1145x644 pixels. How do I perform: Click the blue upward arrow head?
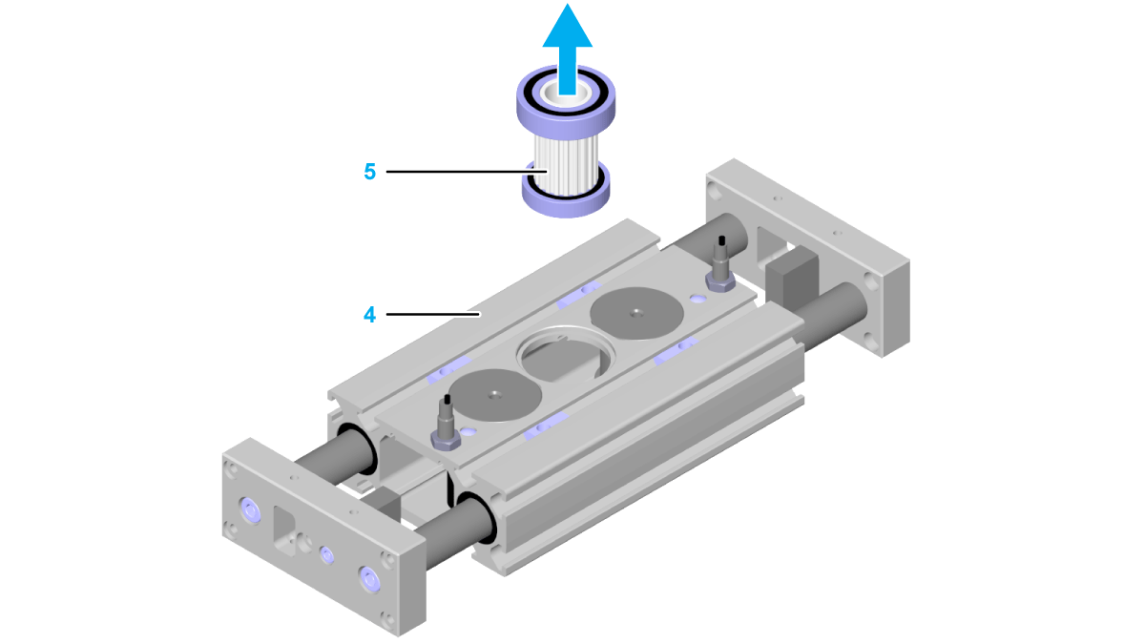568,27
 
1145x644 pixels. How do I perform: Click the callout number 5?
369,172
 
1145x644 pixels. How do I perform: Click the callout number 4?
369,314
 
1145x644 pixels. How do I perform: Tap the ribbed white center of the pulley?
566,163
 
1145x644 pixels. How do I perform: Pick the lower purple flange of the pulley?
566,192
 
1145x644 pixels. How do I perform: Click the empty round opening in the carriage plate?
566,354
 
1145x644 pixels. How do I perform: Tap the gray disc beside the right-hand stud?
637,313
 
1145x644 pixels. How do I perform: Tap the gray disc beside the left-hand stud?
495,395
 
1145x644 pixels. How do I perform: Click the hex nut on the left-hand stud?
446,440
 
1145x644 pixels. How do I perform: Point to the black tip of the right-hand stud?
721,240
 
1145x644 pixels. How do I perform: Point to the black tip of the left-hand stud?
448,399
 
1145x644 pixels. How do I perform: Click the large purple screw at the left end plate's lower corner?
370,580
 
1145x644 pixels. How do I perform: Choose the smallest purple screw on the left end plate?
326,554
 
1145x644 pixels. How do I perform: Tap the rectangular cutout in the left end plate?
284,530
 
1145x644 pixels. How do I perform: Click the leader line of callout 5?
468,172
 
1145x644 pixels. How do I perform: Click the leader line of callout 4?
433,314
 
